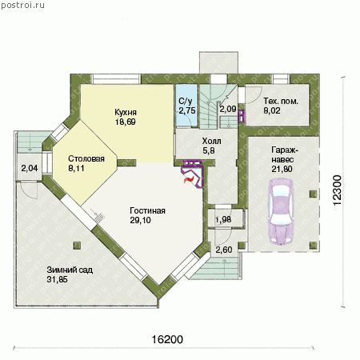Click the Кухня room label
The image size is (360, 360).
[x=126, y=112]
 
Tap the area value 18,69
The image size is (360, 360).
[x=126, y=122]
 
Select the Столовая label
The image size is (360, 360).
[x=86, y=158]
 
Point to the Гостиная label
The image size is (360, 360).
[x=147, y=210]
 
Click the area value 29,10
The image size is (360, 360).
[x=140, y=220]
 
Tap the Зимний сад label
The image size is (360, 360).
[x=70, y=270]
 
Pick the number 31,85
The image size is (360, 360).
[x=57, y=279]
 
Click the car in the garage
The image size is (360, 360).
[x=282, y=212]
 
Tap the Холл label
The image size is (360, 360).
[x=211, y=141]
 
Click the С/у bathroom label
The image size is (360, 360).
[x=185, y=101]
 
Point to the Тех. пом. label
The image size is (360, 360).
[x=281, y=101]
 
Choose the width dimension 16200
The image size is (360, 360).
[x=167, y=339]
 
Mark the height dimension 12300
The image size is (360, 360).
[x=338, y=190]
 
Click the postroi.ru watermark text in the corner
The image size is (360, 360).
[x=22, y=6]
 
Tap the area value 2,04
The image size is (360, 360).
[x=30, y=168]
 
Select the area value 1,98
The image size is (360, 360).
[x=223, y=219]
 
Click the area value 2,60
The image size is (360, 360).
[x=224, y=250]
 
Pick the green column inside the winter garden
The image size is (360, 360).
[x=77, y=246]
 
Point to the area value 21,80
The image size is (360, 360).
[x=282, y=169]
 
